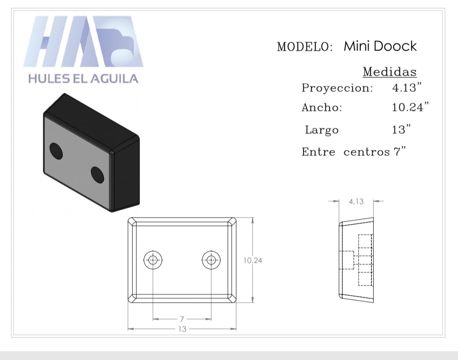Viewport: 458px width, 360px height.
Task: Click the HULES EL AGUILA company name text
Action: [83, 78]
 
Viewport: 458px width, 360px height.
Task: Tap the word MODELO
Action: [305, 47]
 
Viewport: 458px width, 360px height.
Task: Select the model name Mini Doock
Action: [380, 46]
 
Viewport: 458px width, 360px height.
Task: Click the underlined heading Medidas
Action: [390, 72]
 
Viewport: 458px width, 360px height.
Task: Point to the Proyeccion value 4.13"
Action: [407, 87]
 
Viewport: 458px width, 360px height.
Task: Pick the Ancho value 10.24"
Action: [411, 107]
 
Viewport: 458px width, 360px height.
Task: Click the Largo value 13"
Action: [401, 129]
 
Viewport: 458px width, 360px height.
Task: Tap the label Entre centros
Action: [346, 152]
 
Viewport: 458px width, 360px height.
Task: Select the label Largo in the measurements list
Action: [321, 130]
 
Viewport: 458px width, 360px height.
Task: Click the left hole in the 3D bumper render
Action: [56, 151]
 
